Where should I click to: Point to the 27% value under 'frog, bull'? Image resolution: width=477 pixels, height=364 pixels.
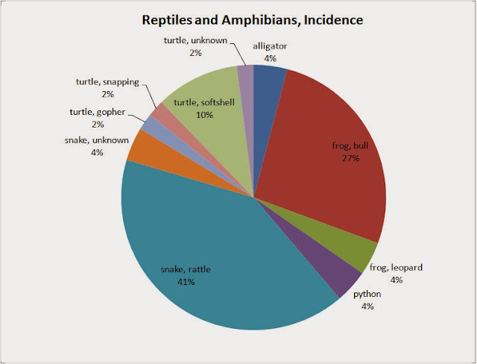pyautogui.click(x=350, y=158)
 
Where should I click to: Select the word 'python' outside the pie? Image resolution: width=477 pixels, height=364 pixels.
pyautogui.click(x=367, y=295)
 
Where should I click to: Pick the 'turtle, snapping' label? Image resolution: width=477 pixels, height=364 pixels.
pyautogui.click(x=107, y=81)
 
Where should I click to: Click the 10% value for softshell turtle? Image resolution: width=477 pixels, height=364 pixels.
pyautogui.click(x=204, y=115)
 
